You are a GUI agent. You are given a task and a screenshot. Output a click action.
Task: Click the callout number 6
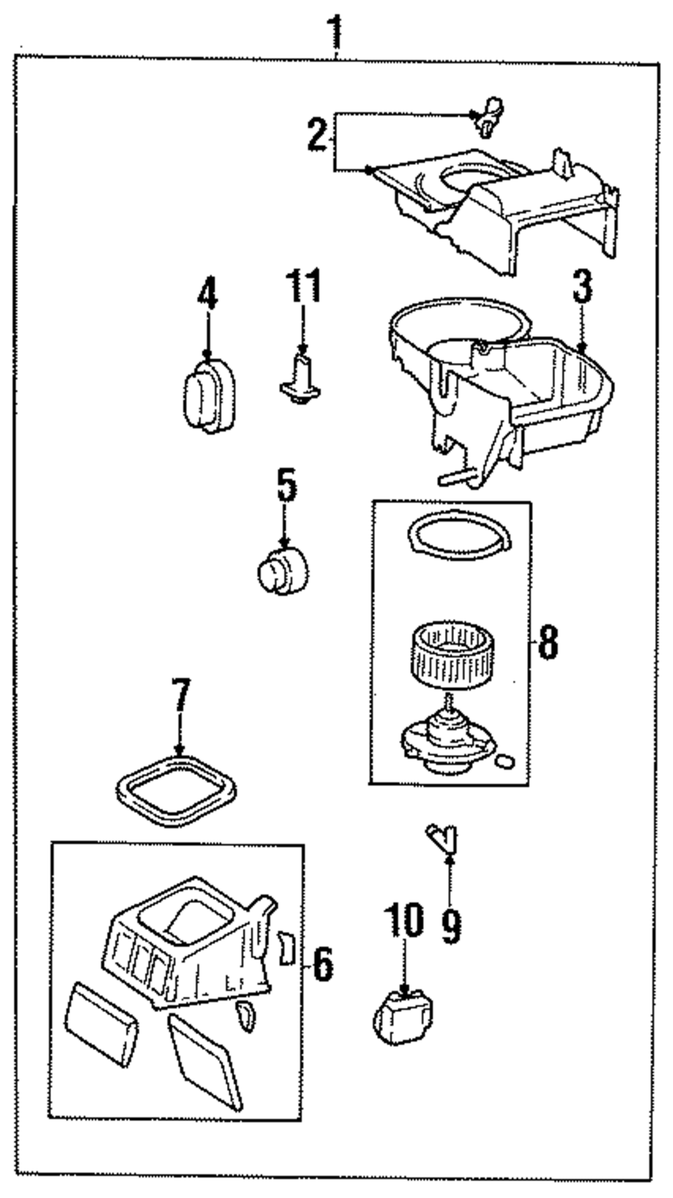[322, 964]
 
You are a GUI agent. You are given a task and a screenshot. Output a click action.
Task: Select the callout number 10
[404, 921]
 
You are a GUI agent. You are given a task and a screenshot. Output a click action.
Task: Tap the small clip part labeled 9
[443, 838]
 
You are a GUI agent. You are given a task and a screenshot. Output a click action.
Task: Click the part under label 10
[402, 1016]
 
